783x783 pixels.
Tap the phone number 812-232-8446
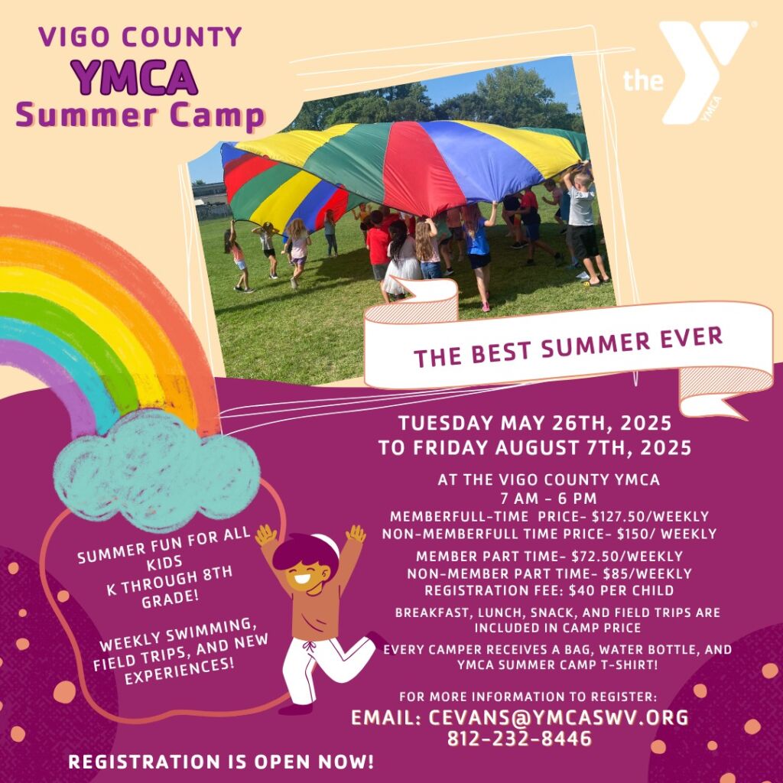[x=519, y=739]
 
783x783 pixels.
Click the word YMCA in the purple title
[x=135, y=77]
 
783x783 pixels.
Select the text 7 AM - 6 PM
[x=548, y=499]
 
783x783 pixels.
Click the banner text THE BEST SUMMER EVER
[x=568, y=347]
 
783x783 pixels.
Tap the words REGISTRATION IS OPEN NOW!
[x=221, y=762]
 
